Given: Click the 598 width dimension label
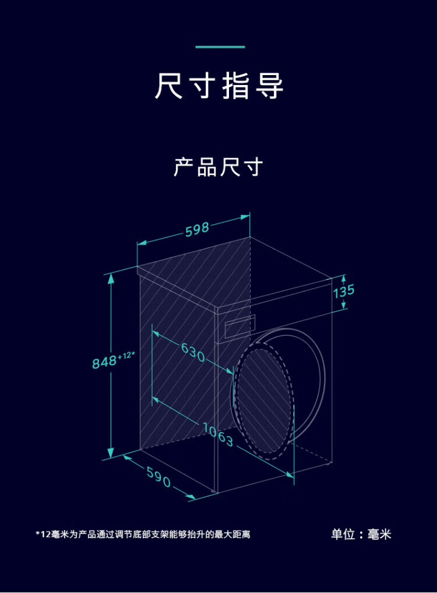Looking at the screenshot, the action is click(198, 229).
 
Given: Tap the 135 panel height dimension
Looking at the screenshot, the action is click(343, 291).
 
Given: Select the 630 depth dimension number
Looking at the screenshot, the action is click(193, 352).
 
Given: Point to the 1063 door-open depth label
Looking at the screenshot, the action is click(218, 435).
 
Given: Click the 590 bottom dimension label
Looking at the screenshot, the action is click(158, 477).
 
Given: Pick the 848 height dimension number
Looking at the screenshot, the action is click(104, 362).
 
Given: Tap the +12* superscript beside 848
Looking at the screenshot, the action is click(126, 355).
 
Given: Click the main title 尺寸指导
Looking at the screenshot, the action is click(219, 86).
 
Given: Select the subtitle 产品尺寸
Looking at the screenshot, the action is click(218, 167).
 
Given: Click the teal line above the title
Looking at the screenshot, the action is click(220, 47).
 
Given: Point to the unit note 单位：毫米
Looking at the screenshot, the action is click(361, 534).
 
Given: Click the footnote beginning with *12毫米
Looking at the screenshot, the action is click(143, 534).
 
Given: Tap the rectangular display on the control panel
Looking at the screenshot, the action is click(240, 326).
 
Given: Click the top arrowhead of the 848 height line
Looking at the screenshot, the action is click(111, 279).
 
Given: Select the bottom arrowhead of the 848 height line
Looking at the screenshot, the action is click(111, 453).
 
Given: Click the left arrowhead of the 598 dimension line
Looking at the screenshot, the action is click(142, 243).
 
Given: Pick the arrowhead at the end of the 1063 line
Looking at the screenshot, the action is click(290, 474).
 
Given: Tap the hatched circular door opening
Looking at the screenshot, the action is click(264, 402).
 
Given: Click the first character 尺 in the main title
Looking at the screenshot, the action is click(168, 86).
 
